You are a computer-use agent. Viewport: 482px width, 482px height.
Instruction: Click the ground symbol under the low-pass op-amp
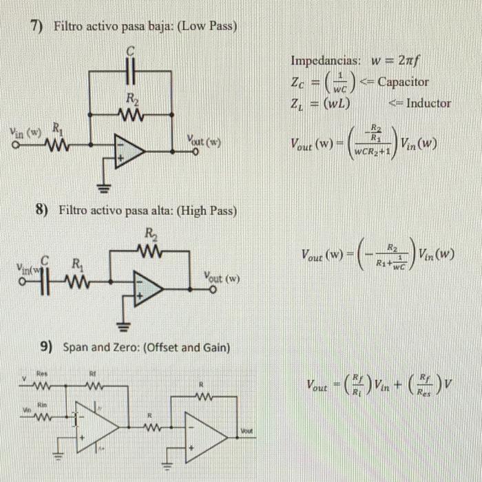click(103, 186)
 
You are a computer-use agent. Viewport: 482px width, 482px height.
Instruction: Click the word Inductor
click(428, 104)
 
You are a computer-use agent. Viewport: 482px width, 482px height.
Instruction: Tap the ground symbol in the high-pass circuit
click(121, 324)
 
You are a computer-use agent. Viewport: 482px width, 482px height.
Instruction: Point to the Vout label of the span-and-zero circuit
click(246, 431)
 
